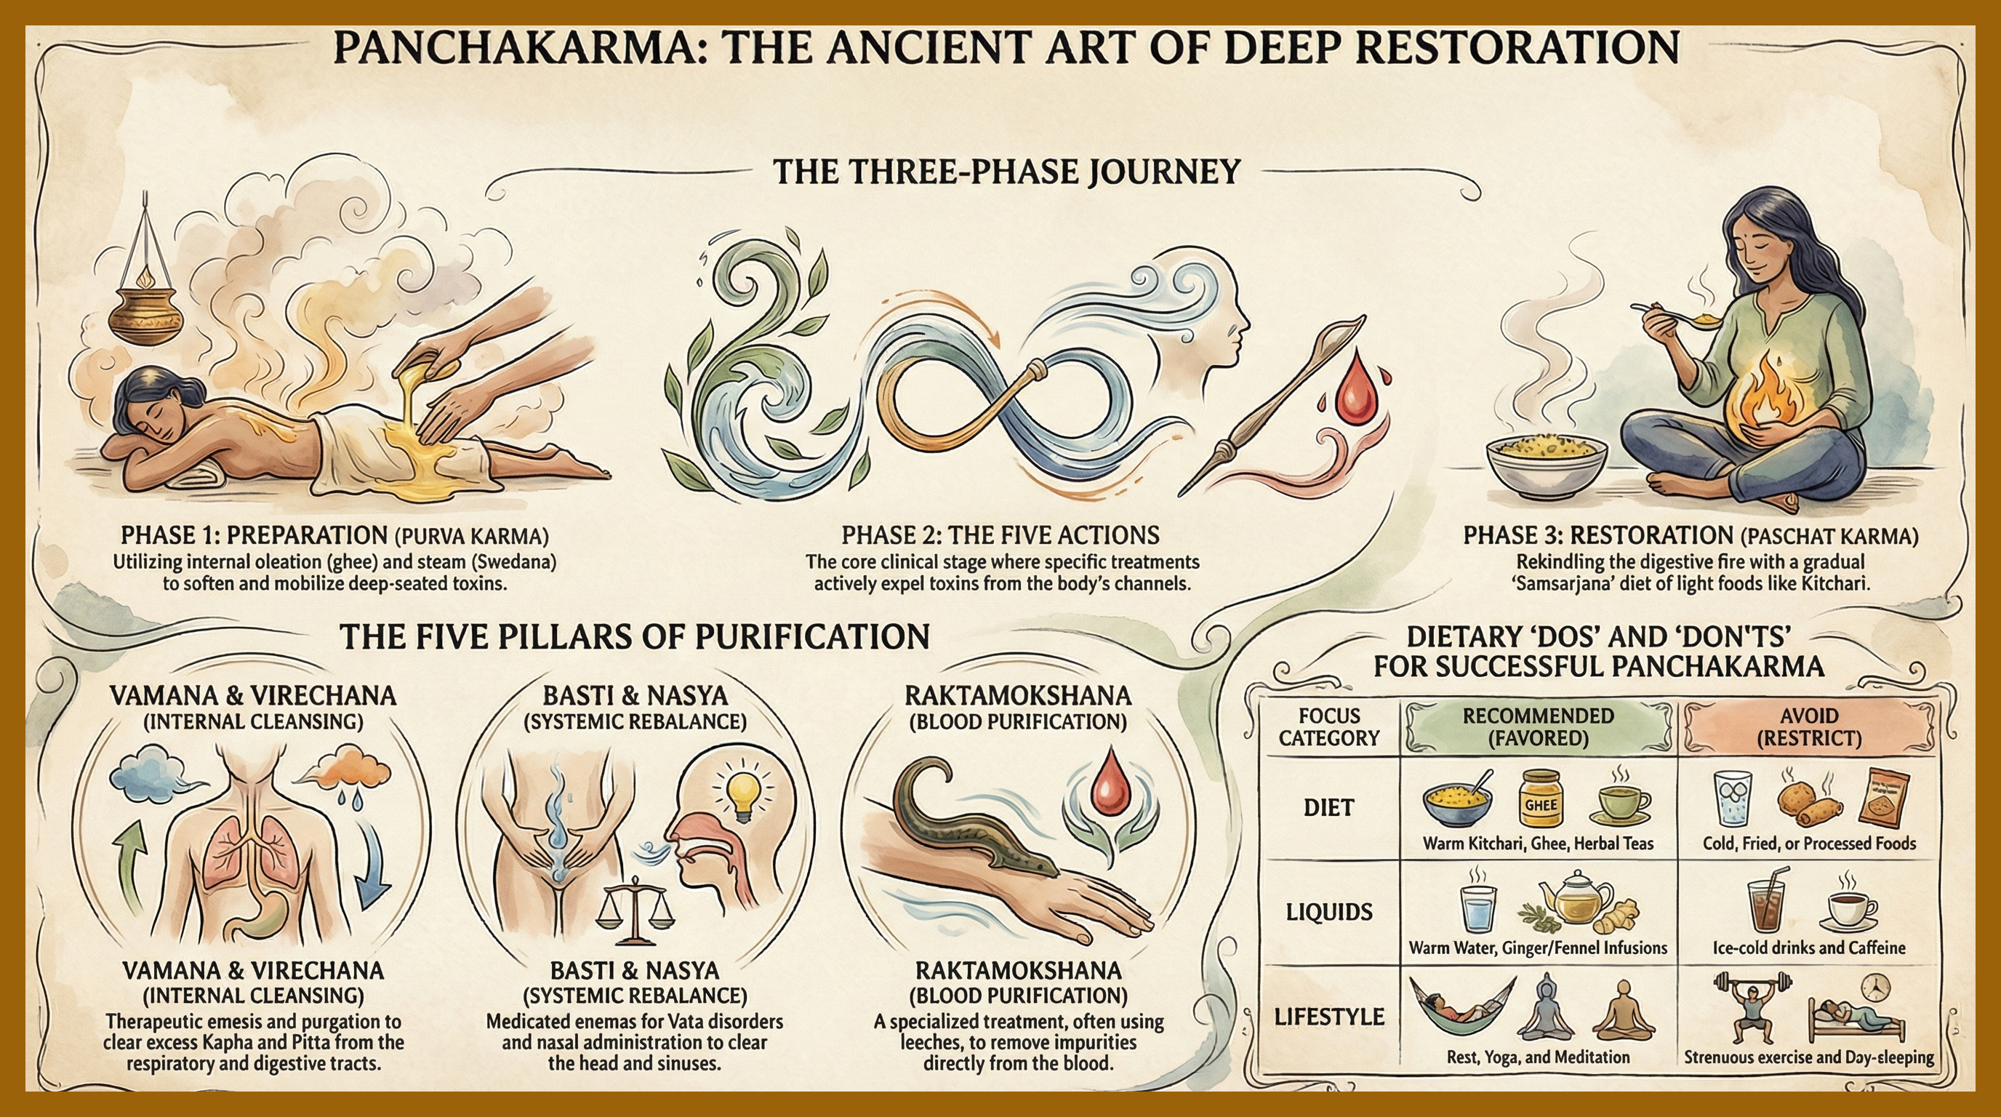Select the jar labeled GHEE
1539,798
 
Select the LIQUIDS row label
1328,912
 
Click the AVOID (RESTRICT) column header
1808,727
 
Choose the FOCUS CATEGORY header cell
1328,727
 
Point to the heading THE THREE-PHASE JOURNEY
1006,171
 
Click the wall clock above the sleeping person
1875,987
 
